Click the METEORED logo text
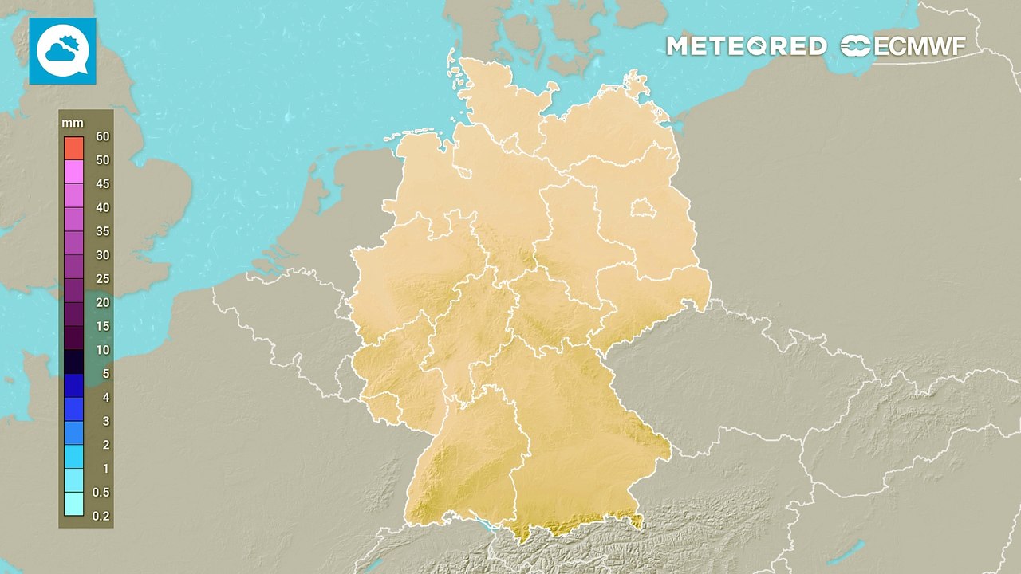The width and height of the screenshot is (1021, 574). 746,46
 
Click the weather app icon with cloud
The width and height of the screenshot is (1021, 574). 62,51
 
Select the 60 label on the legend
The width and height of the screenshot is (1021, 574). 102,136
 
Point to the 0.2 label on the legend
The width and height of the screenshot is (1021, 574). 101,516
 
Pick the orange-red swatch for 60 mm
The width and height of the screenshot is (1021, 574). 74,147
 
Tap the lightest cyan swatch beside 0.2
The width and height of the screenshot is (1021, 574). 74,504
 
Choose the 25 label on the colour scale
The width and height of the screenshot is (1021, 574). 102,278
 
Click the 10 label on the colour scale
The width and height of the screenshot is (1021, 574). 102,350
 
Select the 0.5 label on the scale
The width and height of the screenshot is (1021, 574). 101,492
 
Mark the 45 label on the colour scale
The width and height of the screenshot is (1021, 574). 102,183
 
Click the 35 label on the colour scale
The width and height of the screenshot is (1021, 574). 102,231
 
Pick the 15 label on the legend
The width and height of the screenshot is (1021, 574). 102,326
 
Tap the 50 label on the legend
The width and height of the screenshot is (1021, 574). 102,160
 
